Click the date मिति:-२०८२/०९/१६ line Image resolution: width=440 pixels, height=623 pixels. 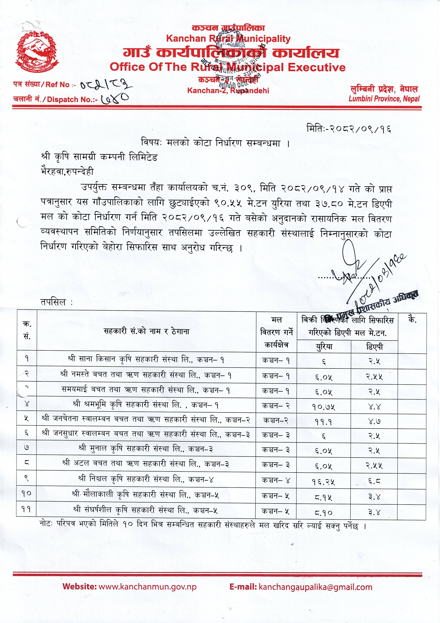pyautogui.click(x=349, y=129)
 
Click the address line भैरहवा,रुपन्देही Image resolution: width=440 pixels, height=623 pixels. pyautogui.click(x=67, y=172)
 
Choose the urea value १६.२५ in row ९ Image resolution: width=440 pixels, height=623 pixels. pyautogui.click(x=323, y=481)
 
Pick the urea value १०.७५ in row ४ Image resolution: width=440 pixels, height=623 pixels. pyautogui.click(x=323, y=407)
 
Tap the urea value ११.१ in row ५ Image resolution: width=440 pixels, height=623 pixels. pyautogui.click(x=323, y=422)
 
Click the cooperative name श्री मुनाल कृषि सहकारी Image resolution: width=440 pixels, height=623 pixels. pyautogui.click(x=146, y=449)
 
